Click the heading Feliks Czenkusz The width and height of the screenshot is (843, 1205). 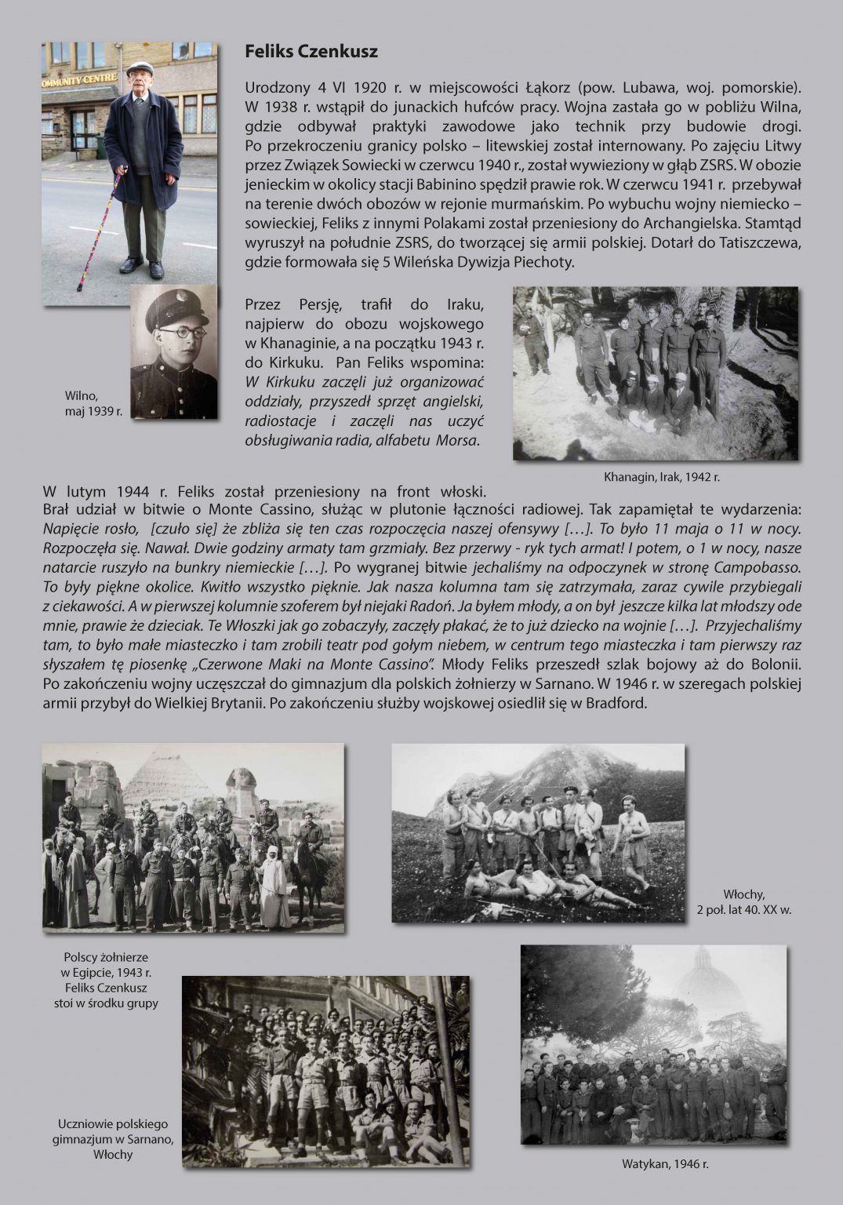click(x=311, y=52)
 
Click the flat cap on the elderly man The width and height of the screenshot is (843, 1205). click(x=140, y=68)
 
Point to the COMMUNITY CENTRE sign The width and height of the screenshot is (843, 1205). click(x=79, y=78)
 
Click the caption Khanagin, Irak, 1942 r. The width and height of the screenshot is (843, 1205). click(x=661, y=476)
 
